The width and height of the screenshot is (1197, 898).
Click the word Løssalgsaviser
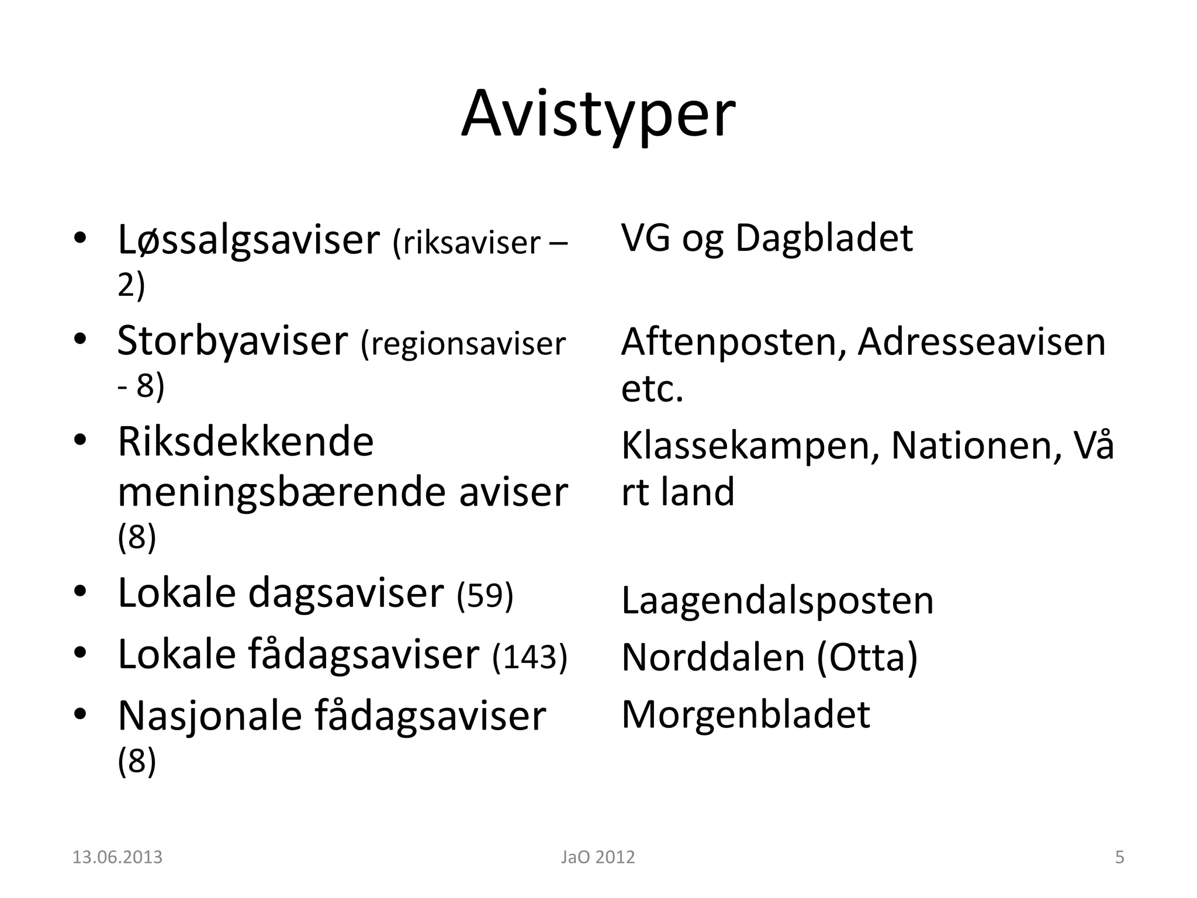248,240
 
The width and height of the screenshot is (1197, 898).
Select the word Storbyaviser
232,341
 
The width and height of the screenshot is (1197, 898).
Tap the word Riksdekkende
245,441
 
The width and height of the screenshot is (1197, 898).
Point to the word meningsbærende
283,492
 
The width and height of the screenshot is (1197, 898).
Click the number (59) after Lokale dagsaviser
485,595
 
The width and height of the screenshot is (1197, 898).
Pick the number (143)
530,656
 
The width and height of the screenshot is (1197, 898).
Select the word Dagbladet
824,238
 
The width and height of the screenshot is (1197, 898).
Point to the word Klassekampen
750,445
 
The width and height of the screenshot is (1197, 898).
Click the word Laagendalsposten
777,600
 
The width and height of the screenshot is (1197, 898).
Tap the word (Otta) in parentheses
867,657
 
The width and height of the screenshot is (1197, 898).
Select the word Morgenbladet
746,714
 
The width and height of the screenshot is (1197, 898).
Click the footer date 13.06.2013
117,858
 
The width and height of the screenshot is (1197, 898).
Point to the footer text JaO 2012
597,858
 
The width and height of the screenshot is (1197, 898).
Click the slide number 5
1119,858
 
